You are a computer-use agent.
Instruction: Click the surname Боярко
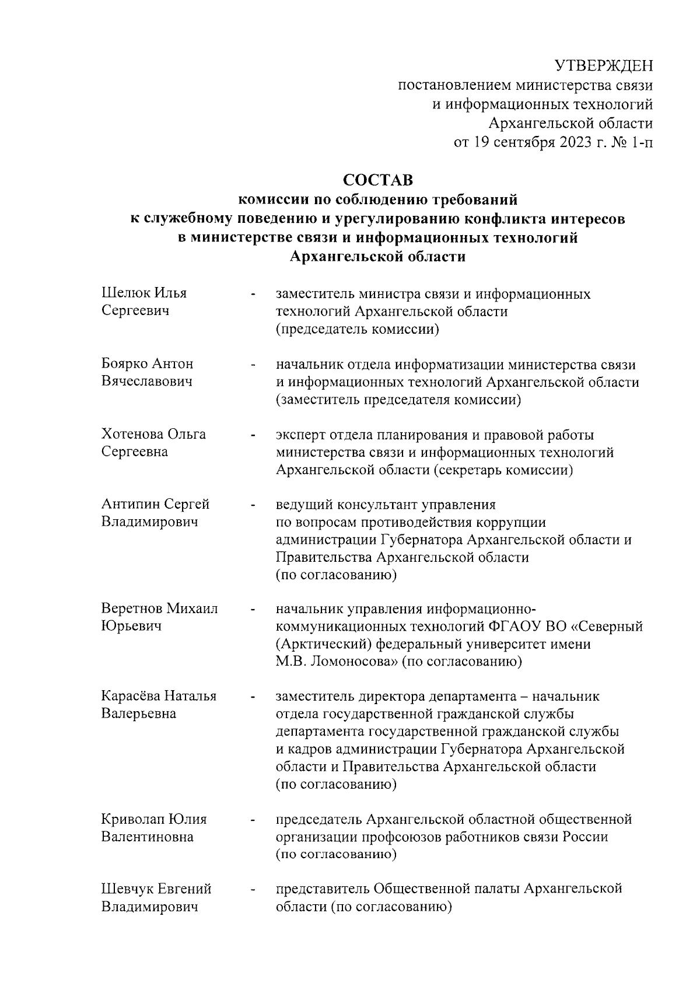tap(125, 363)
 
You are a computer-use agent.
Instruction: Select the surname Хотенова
tap(132, 434)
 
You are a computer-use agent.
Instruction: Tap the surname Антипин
tap(130, 503)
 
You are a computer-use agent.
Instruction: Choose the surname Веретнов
tap(132, 608)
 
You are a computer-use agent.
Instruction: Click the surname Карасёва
tap(130, 696)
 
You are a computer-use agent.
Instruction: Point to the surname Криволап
tap(133, 818)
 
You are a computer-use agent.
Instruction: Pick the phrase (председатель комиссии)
tap(357, 329)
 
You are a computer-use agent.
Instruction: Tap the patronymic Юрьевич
tap(131, 626)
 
